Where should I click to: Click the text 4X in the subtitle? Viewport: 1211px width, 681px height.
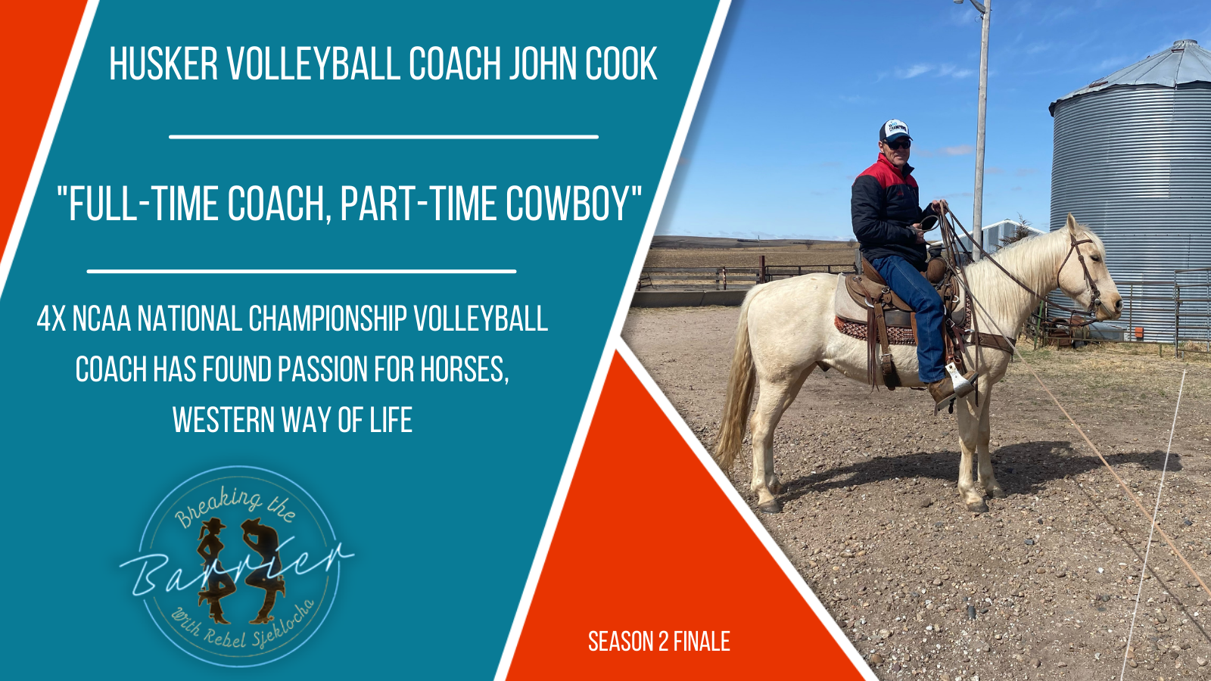pyautogui.click(x=51, y=319)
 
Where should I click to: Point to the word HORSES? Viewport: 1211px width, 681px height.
pyautogui.click(x=463, y=370)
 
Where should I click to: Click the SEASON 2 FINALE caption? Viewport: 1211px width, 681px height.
pyautogui.click(x=658, y=642)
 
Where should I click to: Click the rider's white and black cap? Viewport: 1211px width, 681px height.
pyautogui.click(x=894, y=130)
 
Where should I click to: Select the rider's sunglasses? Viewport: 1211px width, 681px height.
pyautogui.click(x=897, y=143)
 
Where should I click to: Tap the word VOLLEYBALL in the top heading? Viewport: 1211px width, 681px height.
pyautogui.click(x=315, y=64)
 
